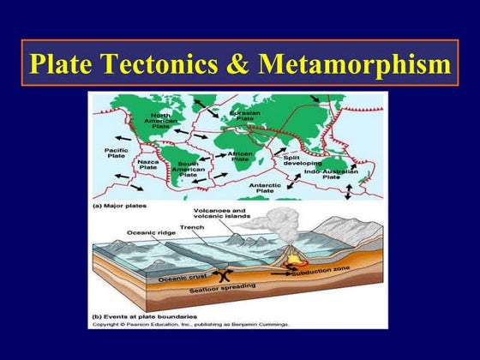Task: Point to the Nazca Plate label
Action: pyautogui.click(x=148, y=165)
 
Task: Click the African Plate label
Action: pyautogui.click(x=239, y=156)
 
